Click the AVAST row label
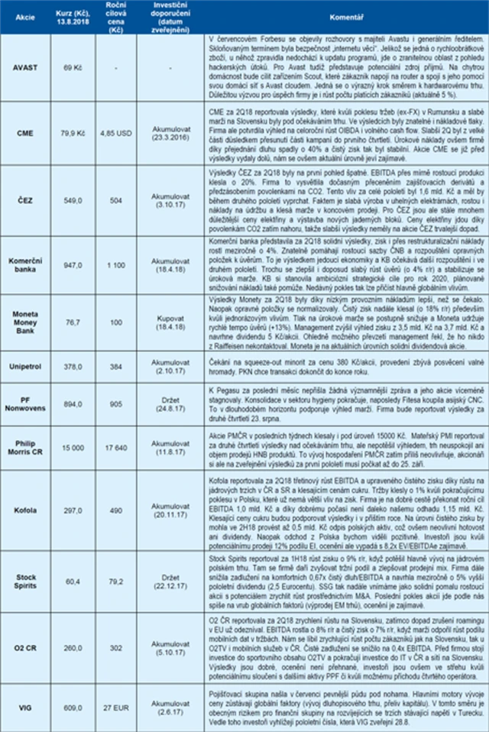(x=25, y=69)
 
